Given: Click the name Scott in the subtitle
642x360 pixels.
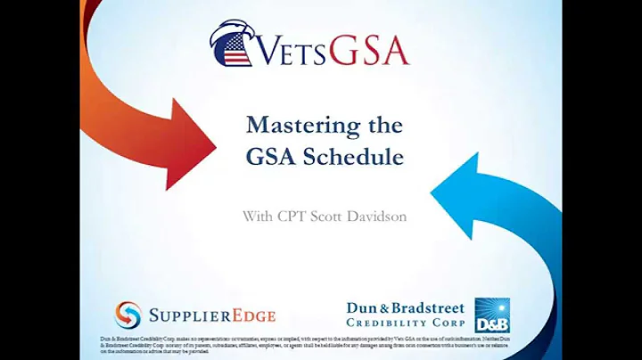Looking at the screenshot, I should point(322,215).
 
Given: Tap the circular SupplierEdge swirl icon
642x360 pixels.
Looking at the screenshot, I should point(128,315).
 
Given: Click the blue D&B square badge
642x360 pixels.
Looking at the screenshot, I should point(492,315).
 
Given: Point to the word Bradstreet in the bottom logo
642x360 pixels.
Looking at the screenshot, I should point(428,308).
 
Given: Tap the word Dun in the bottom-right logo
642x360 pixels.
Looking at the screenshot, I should point(362,308).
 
